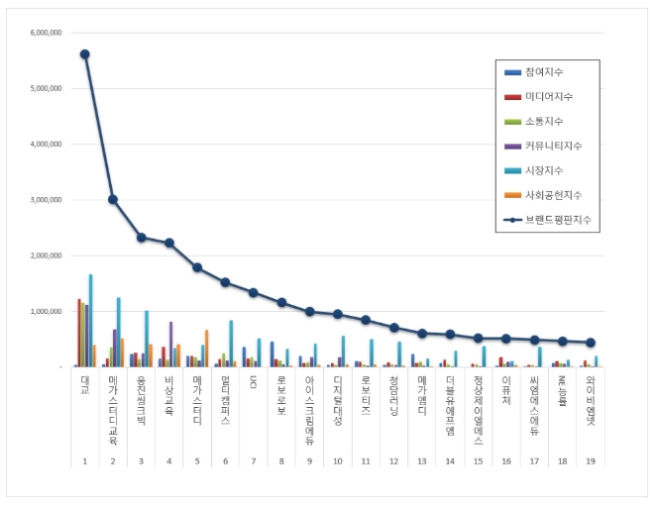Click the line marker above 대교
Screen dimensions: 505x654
pyautogui.click(x=85, y=54)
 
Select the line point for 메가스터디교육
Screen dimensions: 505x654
pyautogui.click(x=113, y=199)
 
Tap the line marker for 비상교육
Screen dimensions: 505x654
pyautogui.click(x=169, y=243)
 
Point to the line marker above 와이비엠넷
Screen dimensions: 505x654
pyautogui.click(x=591, y=343)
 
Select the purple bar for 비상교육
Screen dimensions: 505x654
pyautogui.click(x=170, y=344)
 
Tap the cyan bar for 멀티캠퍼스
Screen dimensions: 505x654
pyautogui.click(x=231, y=344)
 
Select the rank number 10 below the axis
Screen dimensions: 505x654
pyautogui.click(x=338, y=461)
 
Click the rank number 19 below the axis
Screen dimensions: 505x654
pyautogui.click(x=591, y=461)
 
